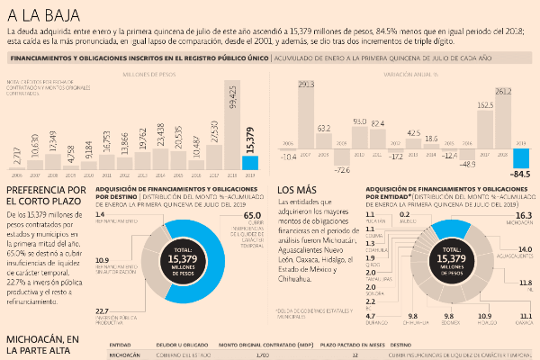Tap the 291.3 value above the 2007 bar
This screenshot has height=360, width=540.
(305, 85)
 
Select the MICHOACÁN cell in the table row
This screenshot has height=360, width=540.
(125, 355)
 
